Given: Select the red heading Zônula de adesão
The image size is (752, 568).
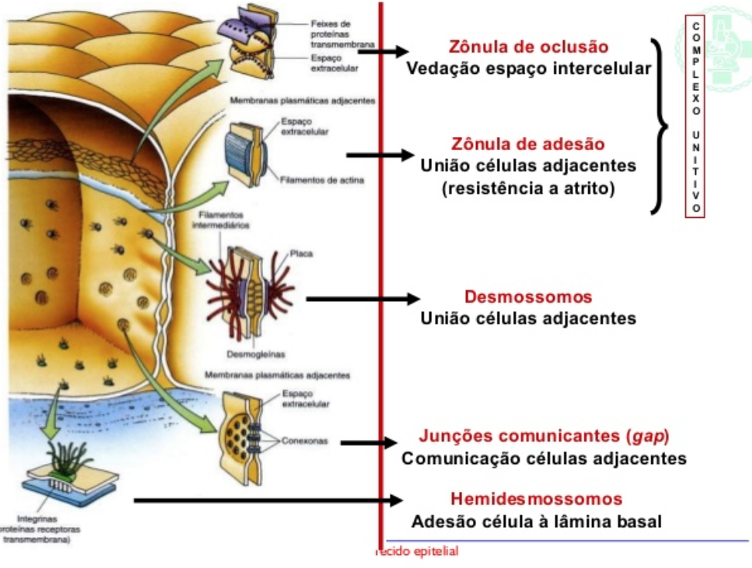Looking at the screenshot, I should [x=527, y=144].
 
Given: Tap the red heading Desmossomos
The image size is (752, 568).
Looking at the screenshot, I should [x=528, y=297].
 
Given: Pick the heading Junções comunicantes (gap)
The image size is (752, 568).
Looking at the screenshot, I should [x=544, y=436].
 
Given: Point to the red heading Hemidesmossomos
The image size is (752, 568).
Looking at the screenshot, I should [x=536, y=499].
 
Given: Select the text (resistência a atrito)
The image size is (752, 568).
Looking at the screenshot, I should [x=528, y=188].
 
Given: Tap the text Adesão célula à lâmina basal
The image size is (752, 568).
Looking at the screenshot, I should [x=536, y=521].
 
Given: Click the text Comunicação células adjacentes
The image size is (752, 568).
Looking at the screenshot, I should [x=544, y=458].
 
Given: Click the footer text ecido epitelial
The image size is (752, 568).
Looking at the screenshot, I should [x=418, y=551].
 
